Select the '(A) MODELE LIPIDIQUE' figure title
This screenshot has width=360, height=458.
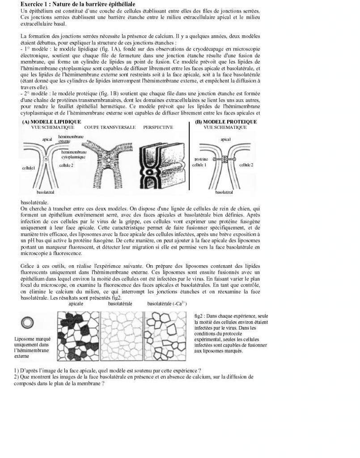click(51, 122)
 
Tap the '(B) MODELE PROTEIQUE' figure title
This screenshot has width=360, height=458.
click(226, 122)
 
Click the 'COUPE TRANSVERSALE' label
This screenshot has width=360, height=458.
click(110, 127)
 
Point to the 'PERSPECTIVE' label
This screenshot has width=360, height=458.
click(158, 127)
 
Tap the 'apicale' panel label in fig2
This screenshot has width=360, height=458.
click(76, 304)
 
